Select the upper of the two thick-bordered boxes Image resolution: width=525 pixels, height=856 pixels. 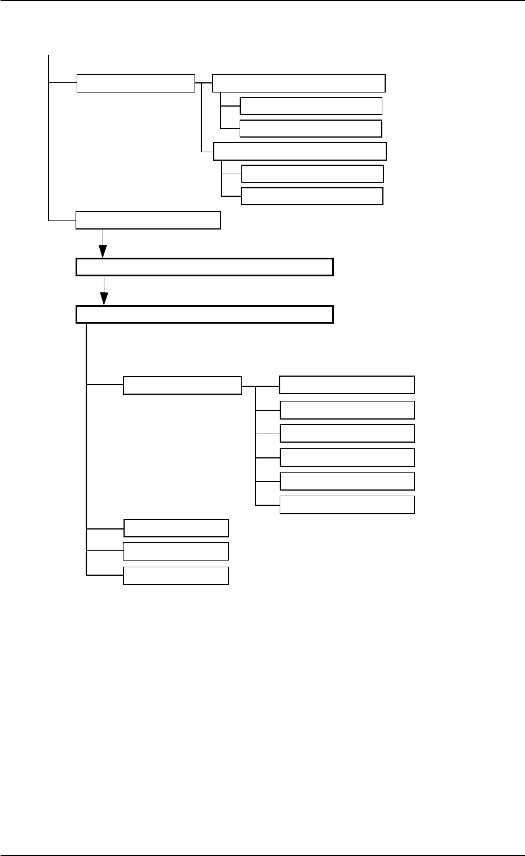204,267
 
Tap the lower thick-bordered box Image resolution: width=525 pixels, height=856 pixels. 204,314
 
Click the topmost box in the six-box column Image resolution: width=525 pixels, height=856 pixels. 347,385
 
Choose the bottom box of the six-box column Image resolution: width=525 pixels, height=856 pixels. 347,505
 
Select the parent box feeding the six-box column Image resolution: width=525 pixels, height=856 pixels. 182,385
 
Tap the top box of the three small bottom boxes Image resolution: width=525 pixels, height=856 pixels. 176,528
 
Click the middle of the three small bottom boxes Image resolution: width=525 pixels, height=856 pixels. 176,551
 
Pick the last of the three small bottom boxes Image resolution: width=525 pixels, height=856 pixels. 176,576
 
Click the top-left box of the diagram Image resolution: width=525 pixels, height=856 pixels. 135,83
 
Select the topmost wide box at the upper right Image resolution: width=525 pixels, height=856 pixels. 298,83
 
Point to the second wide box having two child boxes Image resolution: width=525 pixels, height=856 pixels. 299,152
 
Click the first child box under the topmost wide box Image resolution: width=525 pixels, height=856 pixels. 311,106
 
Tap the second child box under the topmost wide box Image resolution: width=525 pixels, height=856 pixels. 311,128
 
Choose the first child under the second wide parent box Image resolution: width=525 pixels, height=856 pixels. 312,174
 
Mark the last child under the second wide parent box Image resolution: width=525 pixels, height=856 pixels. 312,196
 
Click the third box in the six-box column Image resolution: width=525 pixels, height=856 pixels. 347,433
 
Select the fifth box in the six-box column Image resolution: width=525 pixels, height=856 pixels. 347,481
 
